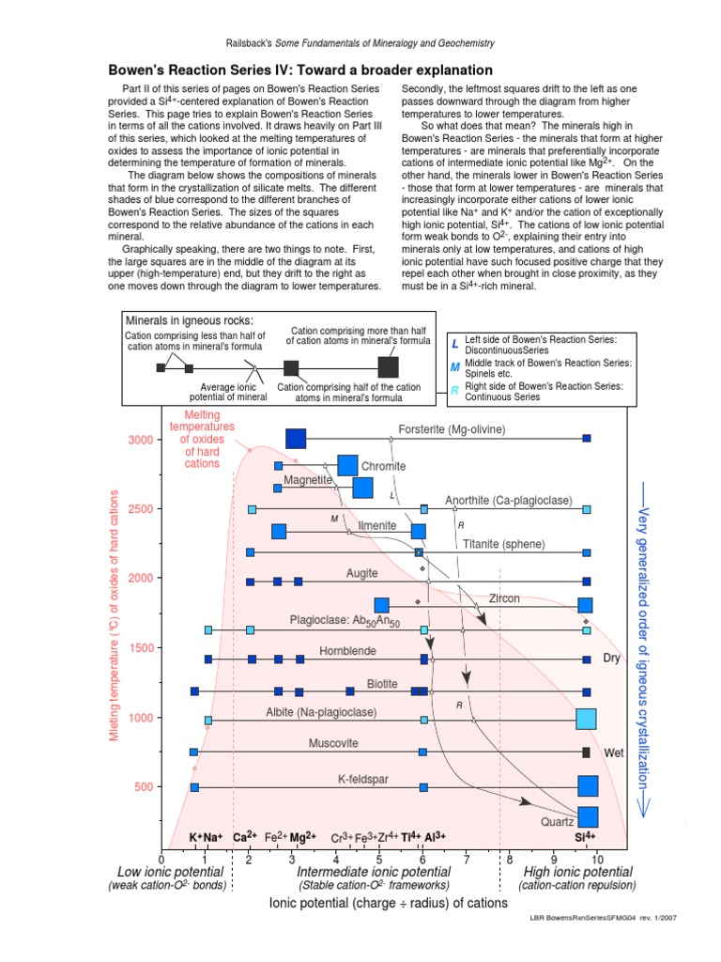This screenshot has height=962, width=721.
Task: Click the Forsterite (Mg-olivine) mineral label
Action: (x=452, y=429)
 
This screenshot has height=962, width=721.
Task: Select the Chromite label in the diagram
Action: (x=383, y=466)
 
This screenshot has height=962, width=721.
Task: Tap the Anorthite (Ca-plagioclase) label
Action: (x=508, y=501)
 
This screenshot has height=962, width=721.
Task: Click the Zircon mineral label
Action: (x=504, y=598)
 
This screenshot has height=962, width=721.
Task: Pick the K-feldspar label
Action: (x=363, y=779)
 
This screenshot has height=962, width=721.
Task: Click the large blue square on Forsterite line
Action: (x=296, y=439)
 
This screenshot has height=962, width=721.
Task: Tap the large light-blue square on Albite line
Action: (x=586, y=720)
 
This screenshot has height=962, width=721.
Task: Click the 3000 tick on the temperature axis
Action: (x=139, y=439)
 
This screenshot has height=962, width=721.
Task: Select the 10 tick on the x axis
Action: (x=596, y=859)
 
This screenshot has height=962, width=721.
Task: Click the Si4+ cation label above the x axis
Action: (x=586, y=837)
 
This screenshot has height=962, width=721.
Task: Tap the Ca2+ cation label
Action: (x=246, y=837)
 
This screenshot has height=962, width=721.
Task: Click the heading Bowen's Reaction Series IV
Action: (x=300, y=70)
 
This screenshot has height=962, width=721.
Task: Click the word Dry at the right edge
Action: (x=612, y=659)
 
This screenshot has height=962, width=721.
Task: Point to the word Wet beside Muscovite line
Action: (x=614, y=753)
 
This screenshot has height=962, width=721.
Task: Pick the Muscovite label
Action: (x=333, y=743)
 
